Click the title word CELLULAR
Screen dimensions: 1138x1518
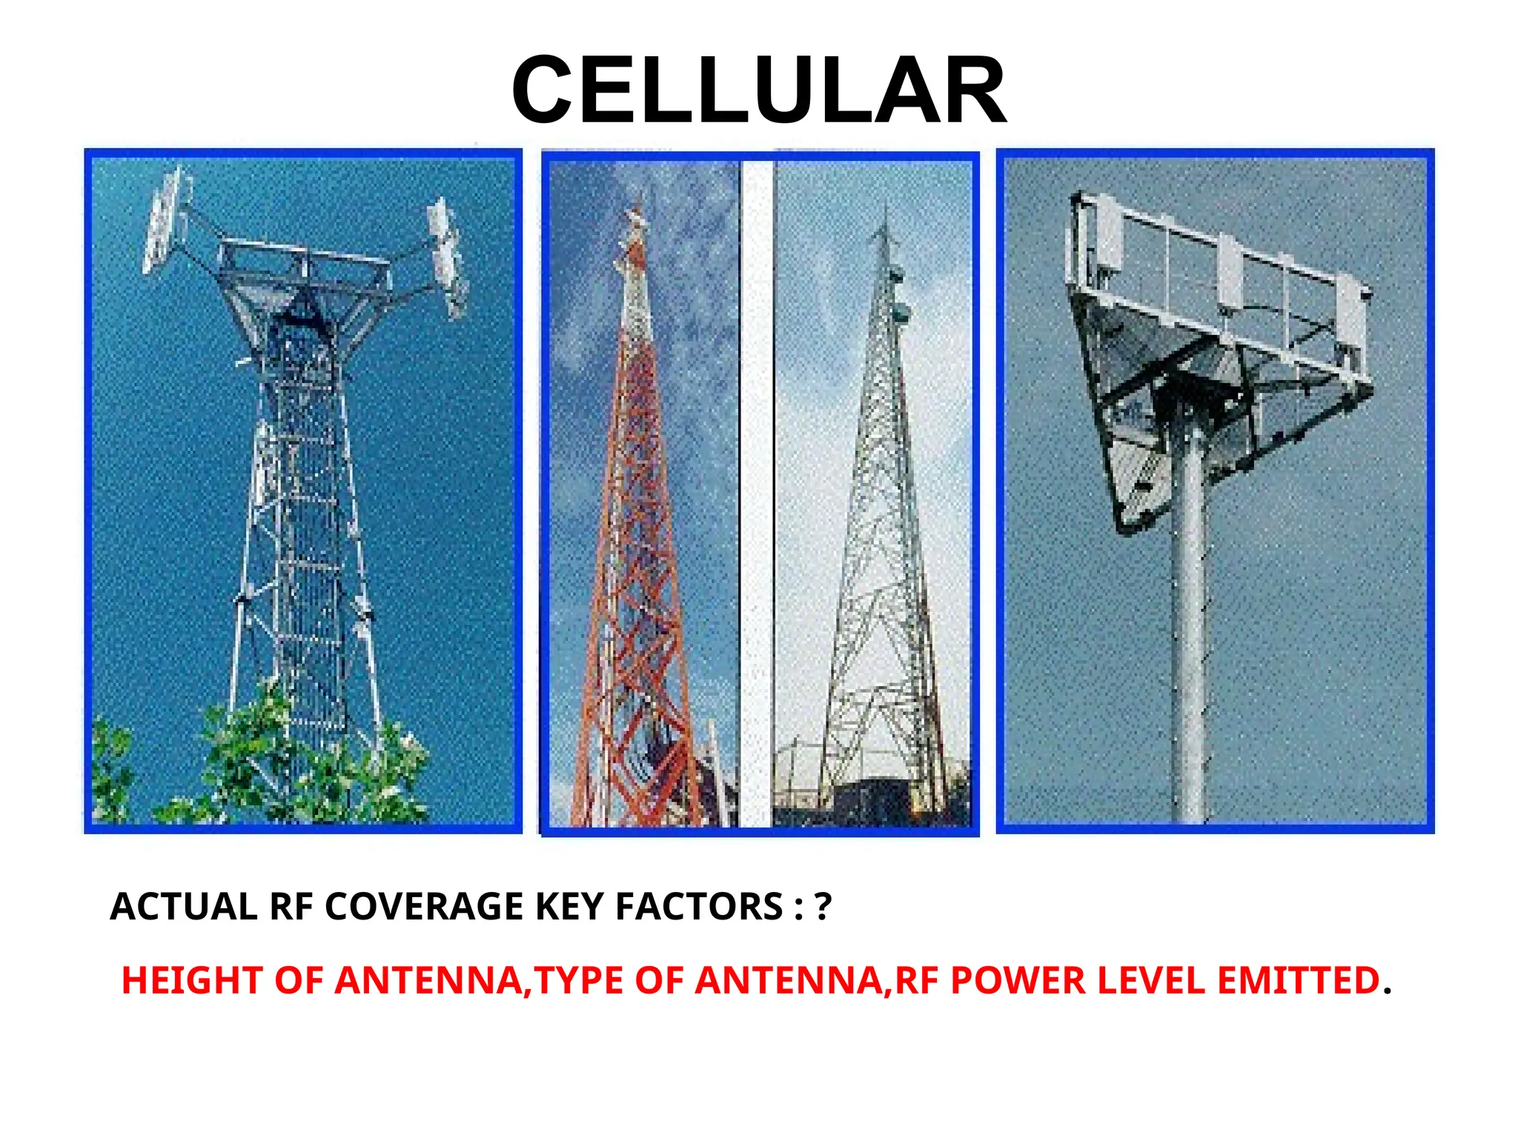(x=758, y=90)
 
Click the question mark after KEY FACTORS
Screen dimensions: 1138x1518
(x=823, y=907)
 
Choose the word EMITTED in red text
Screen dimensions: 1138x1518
(x=1298, y=980)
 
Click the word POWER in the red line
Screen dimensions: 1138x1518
(x=1018, y=980)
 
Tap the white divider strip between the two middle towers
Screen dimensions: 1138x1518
(x=757, y=489)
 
